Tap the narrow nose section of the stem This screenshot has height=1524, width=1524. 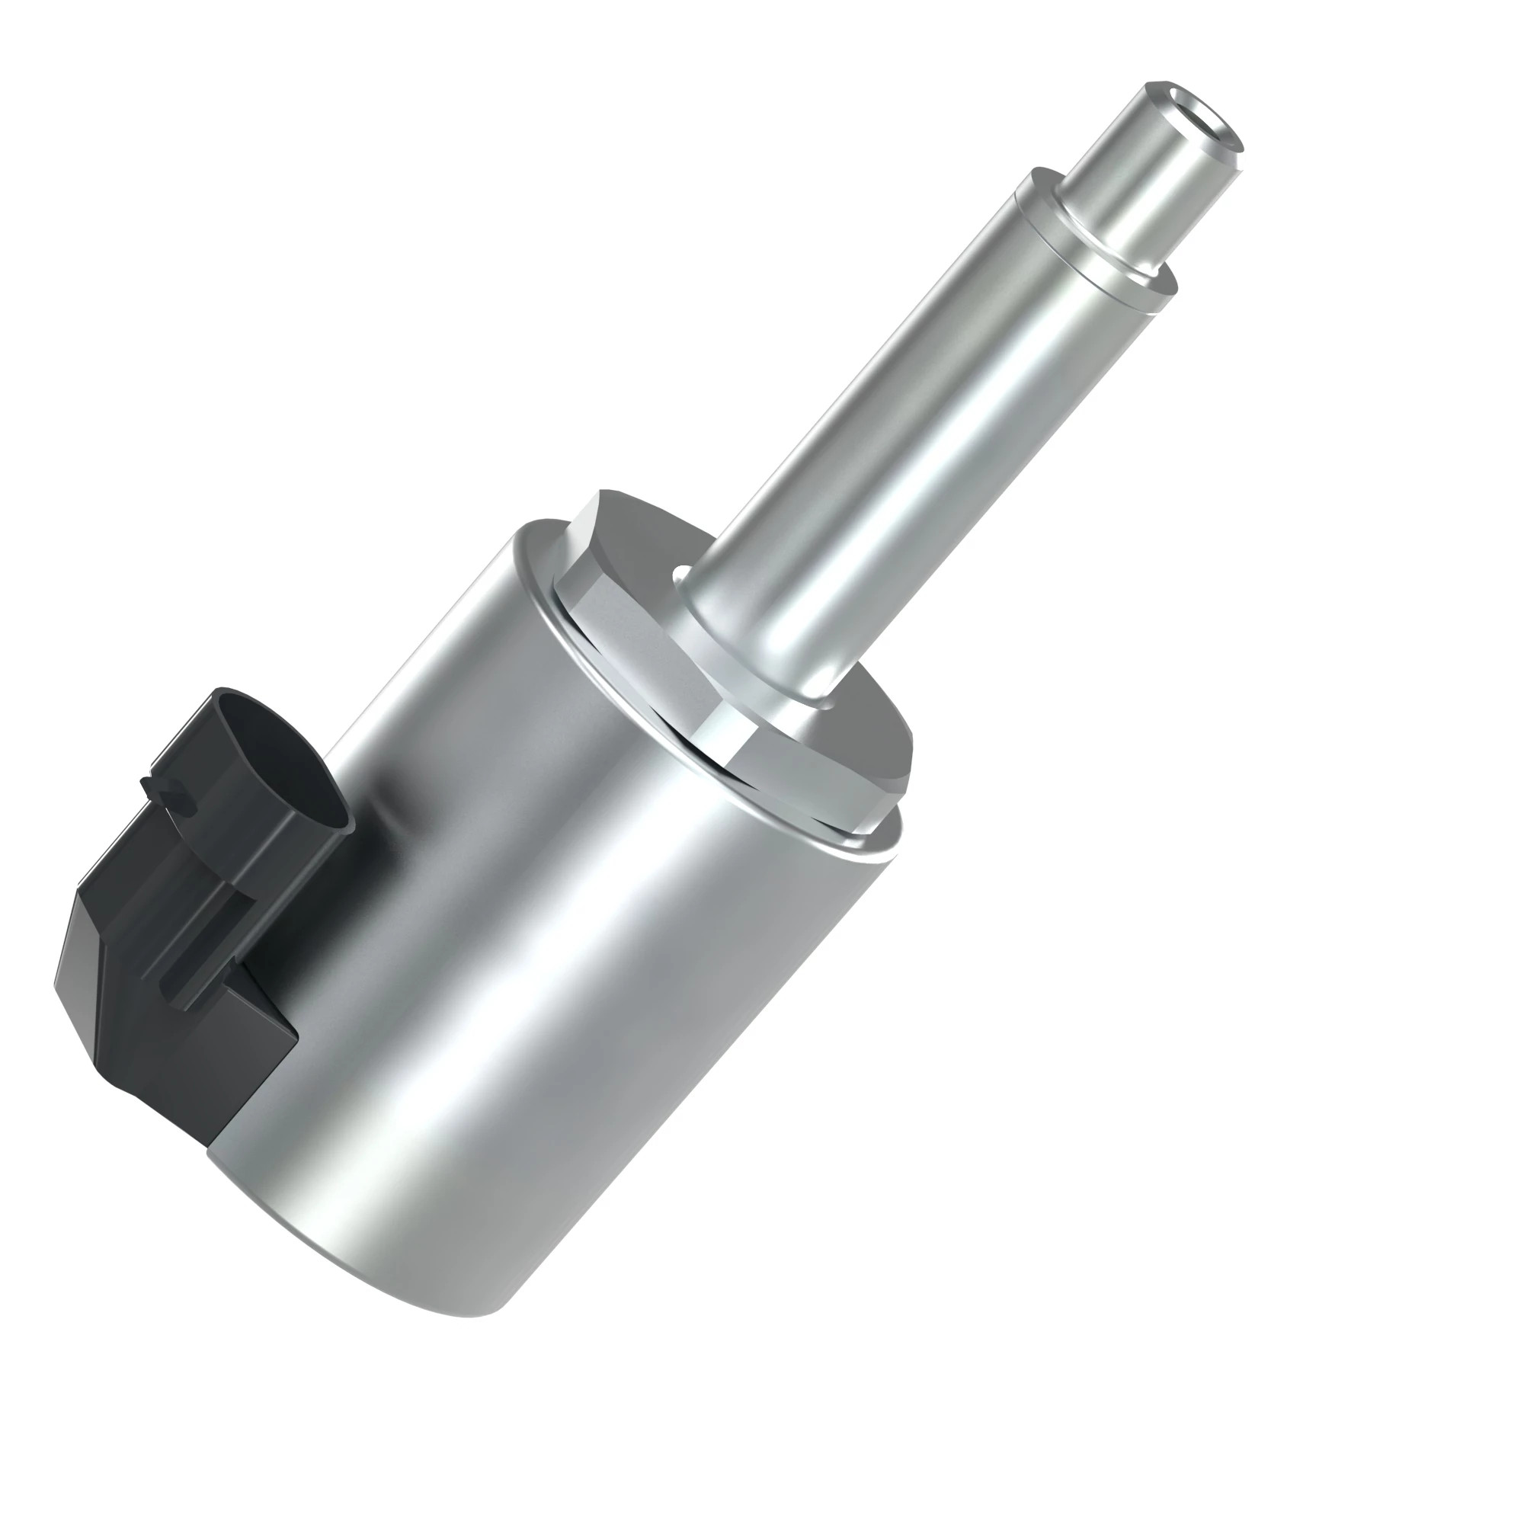click(x=1136, y=174)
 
